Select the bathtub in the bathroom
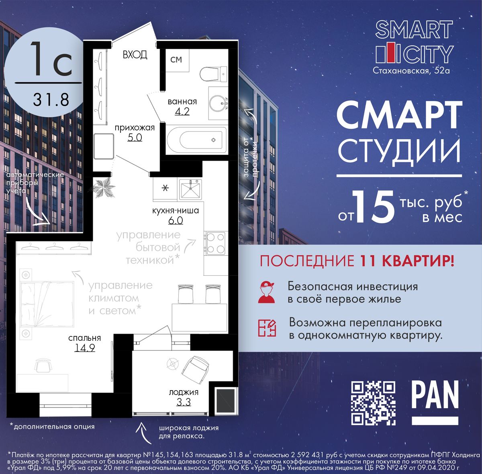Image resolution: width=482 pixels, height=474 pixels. (x=196, y=140)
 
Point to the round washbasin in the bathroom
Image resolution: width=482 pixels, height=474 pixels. (x=219, y=103)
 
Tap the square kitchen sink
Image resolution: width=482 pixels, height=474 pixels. (x=190, y=190)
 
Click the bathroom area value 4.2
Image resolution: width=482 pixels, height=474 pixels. (x=182, y=111)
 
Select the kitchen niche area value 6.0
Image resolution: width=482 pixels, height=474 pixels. (x=176, y=220)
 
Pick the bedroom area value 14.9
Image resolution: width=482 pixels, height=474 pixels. (x=85, y=348)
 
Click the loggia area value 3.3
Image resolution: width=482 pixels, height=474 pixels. (x=183, y=402)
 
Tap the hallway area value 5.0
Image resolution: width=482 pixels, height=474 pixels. (x=135, y=137)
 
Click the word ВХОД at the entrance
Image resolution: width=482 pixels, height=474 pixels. (x=135, y=55)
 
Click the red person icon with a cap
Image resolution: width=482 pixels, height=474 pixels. (x=267, y=292)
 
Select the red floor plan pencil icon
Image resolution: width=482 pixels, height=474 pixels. (x=267, y=328)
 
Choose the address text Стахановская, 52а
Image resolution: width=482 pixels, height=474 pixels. (x=411, y=71)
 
